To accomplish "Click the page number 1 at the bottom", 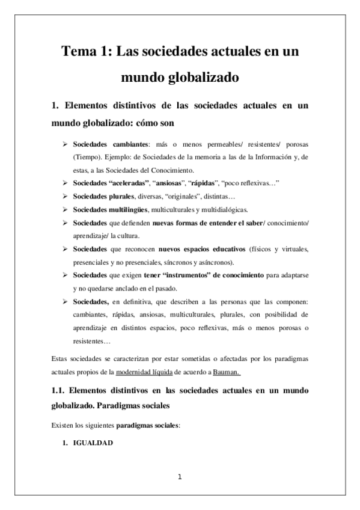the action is (180, 478).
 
